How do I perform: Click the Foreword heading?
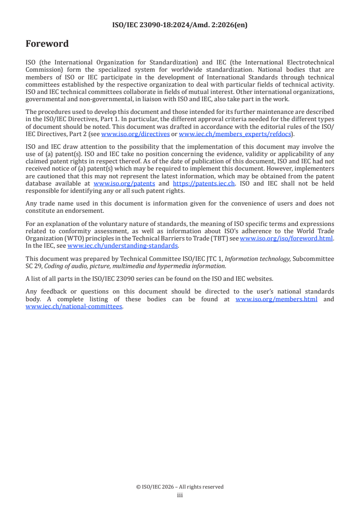click(47, 44)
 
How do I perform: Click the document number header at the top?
click(180, 25)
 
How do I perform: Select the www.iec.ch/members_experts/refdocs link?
click(235, 134)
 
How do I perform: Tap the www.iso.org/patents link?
click(124, 184)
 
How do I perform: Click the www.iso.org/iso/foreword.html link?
click(286, 238)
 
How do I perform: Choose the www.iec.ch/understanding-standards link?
click(123, 245)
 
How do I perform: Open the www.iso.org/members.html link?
click(276, 299)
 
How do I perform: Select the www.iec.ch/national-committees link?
click(74, 306)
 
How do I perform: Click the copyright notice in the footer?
click(180, 487)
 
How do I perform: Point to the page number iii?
click(180, 495)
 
